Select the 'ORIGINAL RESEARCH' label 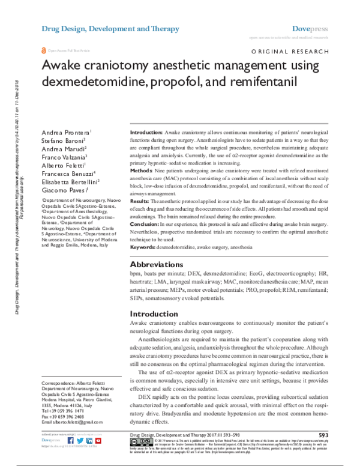[x=290, y=53]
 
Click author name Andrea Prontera [x=65, y=132]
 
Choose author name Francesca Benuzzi [x=68, y=172]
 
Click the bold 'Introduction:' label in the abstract [x=146, y=132]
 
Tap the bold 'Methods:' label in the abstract [x=142, y=171]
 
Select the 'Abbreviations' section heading [x=157, y=264]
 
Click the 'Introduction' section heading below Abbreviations [x=154, y=313]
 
